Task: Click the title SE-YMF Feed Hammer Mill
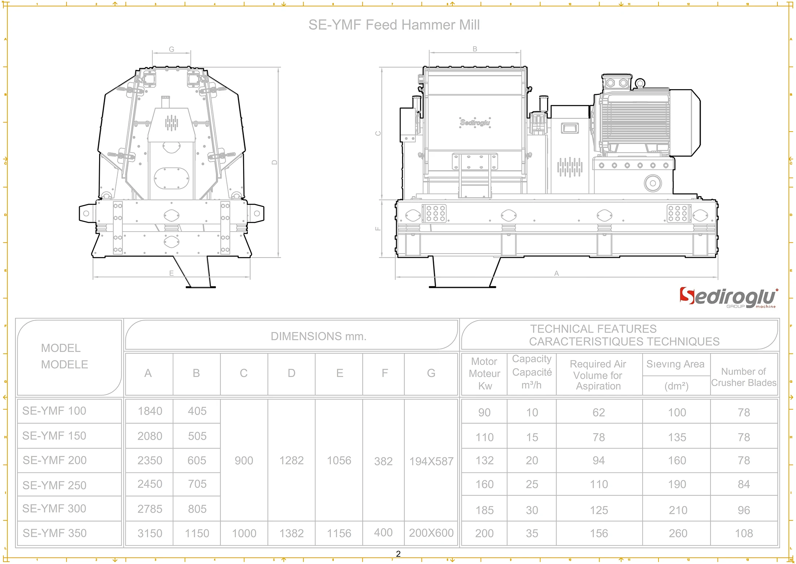coord(394,25)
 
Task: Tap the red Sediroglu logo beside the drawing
coord(728,297)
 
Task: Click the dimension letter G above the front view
coord(172,49)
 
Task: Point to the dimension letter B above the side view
coord(475,49)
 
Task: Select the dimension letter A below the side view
coord(556,273)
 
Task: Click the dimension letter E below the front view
coord(171,273)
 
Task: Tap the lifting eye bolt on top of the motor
coord(640,83)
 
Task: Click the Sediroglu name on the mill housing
coord(475,123)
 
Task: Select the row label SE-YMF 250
coord(54,485)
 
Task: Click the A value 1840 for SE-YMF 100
coord(150,411)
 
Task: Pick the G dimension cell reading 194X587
coord(431,461)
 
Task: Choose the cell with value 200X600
coord(431,533)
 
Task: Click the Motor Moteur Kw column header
coord(484,374)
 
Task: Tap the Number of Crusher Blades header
coord(743,377)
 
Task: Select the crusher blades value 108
coord(744,533)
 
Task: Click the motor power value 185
coord(484,510)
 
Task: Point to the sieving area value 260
coord(677,533)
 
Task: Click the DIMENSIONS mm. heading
coord(319,336)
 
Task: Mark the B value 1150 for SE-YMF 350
coord(197,533)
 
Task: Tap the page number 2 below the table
coord(398,554)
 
